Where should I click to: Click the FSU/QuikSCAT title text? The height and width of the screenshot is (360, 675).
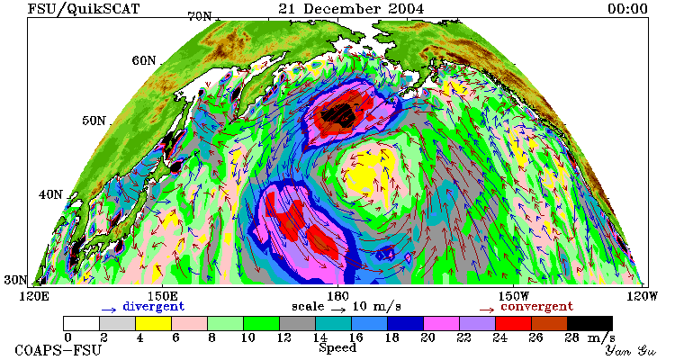point(84,9)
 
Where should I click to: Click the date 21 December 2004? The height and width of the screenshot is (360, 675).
point(351,8)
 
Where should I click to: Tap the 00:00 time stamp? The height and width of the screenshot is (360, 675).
point(627,9)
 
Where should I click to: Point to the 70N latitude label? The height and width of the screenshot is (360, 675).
point(200,16)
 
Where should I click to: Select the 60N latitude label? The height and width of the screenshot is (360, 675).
point(144,60)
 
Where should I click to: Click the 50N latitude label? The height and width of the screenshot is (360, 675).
point(94,121)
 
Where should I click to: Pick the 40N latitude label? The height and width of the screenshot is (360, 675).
point(50,194)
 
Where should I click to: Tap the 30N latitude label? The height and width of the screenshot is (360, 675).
point(15,280)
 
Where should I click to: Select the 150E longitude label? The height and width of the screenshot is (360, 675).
point(162,296)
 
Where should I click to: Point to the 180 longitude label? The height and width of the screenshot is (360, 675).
point(337,296)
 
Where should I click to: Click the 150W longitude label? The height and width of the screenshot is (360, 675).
point(514,296)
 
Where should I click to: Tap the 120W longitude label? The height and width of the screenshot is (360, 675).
point(643,296)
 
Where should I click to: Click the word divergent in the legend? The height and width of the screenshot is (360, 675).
point(154,307)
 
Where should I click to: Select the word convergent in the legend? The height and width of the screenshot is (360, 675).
point(536,307)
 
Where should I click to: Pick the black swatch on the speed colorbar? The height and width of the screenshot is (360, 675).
point(589,323)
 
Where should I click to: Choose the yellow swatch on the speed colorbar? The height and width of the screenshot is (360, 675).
point(153,323)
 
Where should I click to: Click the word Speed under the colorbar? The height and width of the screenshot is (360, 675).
point(337,348)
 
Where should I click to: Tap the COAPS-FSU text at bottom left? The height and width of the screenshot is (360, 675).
point(58,350)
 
